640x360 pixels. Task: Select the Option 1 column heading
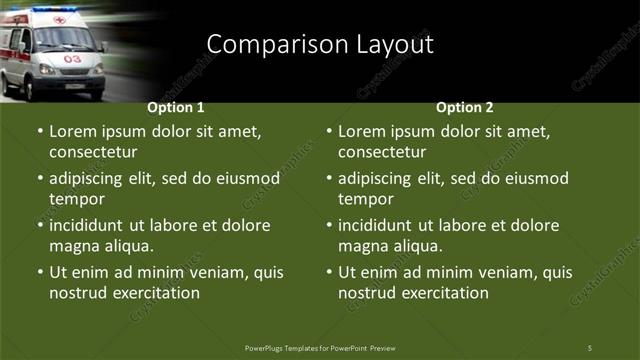pos(176,107)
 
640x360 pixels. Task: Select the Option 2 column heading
pos(465,107)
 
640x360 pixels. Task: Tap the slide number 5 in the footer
pos(590,347)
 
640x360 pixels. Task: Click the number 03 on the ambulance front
pos(72,59)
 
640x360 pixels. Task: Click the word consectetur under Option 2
pos(382,152)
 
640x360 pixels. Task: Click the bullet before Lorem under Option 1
pos(40,131)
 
